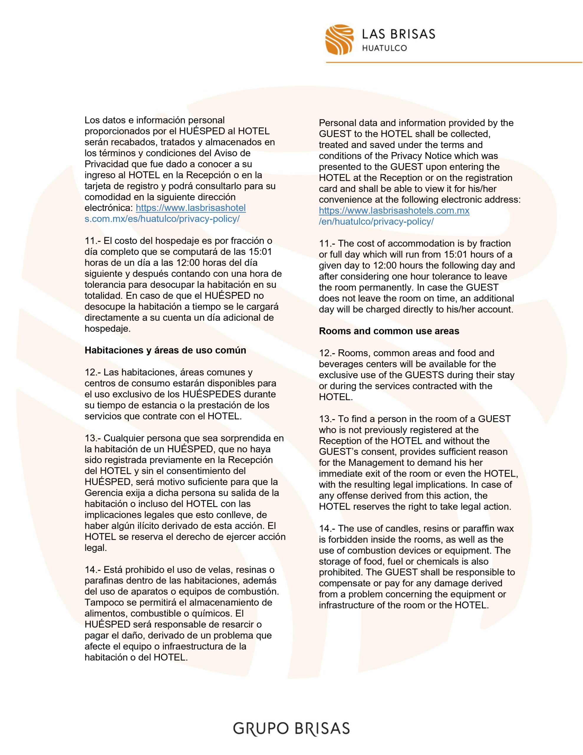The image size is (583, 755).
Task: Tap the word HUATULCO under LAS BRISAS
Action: tap(384, 48)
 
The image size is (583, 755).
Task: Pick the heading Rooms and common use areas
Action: tap(389, 331)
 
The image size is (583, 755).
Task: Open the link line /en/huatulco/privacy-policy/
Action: tap(376, 221)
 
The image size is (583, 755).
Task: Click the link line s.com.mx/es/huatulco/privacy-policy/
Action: tap(162, 219)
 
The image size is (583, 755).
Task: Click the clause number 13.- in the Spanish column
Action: tap(93, 438)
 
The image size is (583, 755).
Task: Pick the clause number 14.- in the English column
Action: tap(327, 528)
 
